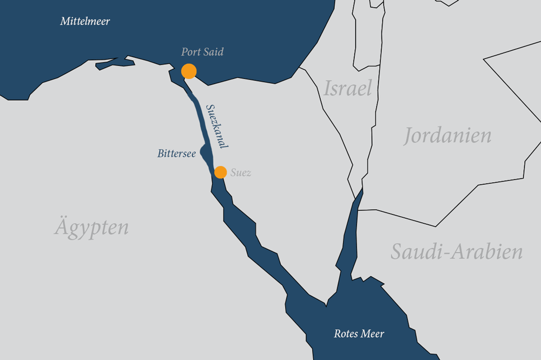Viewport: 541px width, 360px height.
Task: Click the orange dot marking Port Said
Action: coord(188,71)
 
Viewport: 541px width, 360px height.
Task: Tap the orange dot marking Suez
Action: coord(220,172)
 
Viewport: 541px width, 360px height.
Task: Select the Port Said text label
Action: coord(202,52)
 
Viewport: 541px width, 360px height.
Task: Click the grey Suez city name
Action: coord(241,173)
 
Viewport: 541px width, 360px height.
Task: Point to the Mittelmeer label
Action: coord(85,22)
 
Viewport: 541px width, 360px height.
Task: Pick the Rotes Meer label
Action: coord(359,334)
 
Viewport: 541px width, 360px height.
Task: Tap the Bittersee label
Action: coord(176,154)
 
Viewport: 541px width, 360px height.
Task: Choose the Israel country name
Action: coord(348,88)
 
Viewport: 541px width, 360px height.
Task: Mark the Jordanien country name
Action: coord(447,135)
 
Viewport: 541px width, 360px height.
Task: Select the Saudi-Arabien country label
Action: coord(457,251)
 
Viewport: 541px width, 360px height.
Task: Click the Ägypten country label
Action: coord(91,226)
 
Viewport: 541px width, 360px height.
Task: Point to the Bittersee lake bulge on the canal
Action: coord(205,152)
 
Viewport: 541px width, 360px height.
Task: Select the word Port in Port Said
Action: coord(191,52)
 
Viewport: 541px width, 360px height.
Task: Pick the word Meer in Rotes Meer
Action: coord(372,334)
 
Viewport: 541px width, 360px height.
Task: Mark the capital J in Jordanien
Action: coord(407,136)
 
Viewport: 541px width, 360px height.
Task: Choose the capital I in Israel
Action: coord(327,88)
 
